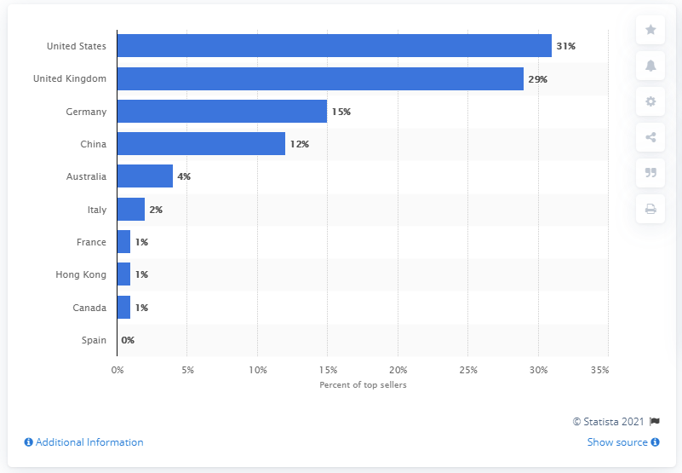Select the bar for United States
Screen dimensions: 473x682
334,46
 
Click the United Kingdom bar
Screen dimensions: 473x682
320,79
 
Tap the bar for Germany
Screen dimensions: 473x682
221,112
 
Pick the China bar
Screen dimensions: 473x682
201,144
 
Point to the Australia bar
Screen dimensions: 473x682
145,176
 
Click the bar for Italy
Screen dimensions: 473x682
130,210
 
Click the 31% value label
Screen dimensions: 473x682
565,46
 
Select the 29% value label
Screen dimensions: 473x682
537,79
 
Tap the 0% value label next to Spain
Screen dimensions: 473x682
128,340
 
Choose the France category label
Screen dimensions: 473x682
91,242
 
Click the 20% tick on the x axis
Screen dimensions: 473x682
398,371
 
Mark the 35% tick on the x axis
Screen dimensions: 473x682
599,371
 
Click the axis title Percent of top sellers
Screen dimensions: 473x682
362,386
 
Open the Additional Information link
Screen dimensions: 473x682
83,442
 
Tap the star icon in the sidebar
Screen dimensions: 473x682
650,30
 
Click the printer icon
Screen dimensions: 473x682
650,209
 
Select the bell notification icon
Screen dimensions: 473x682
650,66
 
